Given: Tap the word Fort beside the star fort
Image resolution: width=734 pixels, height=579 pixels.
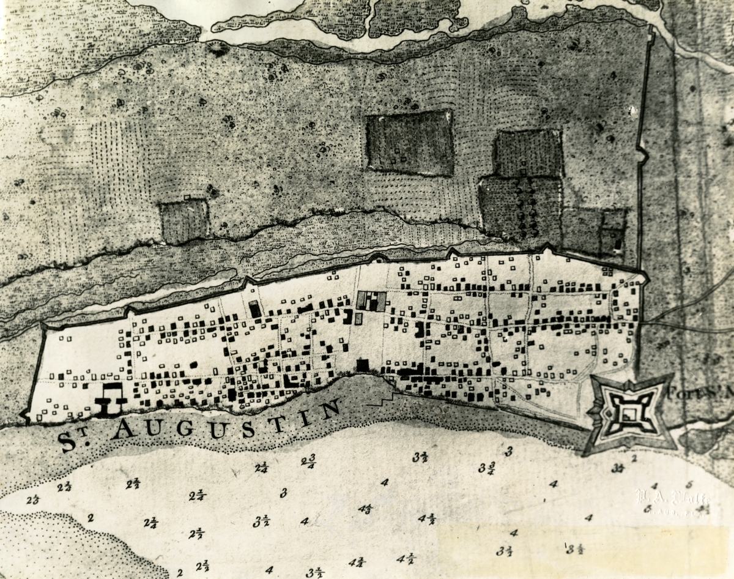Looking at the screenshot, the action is pos(681,393).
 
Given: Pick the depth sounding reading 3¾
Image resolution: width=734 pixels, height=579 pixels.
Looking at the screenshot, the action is pos(487,469).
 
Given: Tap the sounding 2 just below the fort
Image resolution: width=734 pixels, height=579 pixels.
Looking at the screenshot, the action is pos(634,457).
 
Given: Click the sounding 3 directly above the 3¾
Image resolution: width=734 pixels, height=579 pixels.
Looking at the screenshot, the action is pos(508,452).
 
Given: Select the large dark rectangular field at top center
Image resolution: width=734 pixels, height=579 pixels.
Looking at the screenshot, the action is pos(410,143).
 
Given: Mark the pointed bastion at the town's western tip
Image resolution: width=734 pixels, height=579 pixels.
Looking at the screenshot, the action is pos(26,415).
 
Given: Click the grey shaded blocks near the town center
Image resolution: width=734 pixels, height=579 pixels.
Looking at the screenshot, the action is pos(372,301).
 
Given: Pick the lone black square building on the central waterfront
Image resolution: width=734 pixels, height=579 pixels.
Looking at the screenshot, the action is pos(363,365).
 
